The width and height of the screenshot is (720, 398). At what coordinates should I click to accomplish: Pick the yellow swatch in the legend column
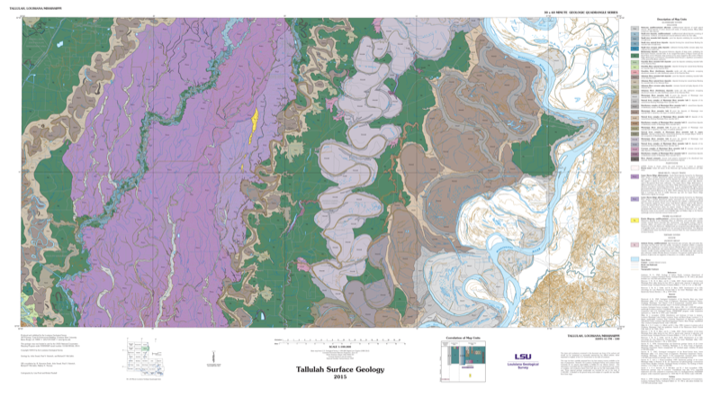tap(635, 220)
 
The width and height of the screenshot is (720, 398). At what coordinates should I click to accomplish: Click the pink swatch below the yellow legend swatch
tap(635, 244)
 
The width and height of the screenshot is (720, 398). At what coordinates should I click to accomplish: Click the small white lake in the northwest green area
tap(56, 44)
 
